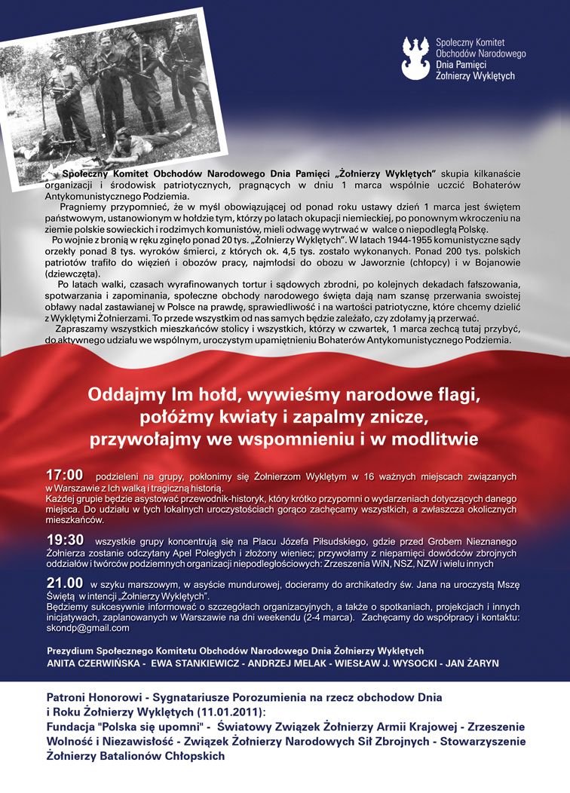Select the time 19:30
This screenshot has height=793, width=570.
point(64,540)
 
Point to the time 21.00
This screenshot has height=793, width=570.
point(64,583)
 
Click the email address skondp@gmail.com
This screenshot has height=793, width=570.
point(88,628)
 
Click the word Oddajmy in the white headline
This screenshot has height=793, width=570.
point(123,394)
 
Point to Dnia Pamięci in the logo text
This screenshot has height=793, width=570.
point(462,65)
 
